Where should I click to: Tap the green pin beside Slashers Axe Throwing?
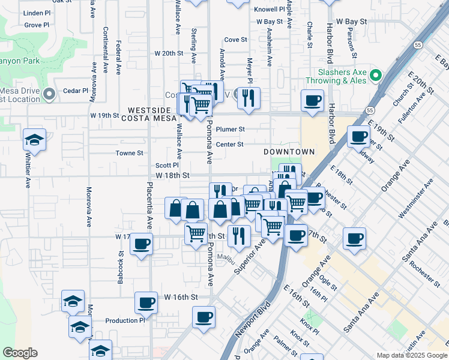pos(376,76)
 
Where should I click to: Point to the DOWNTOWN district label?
pos(289,152)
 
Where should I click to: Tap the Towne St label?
pos(129,153)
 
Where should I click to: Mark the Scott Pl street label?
pos(167,165)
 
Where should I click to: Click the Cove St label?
pos(236,40)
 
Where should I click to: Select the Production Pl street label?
pos(125,320)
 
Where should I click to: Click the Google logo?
pos(20,353)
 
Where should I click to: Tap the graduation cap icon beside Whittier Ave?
pos(34,140)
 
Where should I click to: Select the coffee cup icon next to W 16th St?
pos(146,302)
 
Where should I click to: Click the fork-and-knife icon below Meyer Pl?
pos(249,98)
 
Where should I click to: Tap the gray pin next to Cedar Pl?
pos(49,94)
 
